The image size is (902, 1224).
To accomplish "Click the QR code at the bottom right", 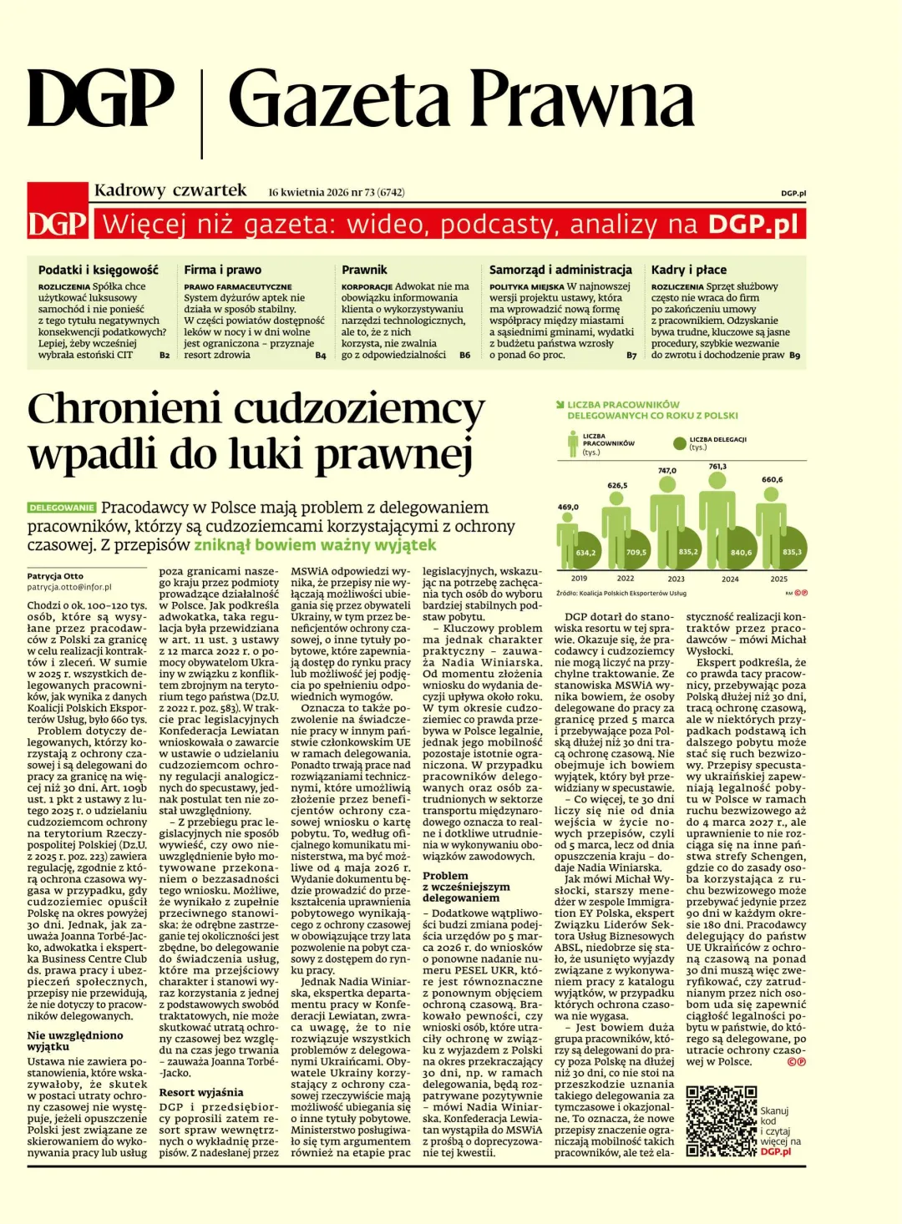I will click(x=721, y=1120).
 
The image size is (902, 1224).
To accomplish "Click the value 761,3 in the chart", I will click(x=717, y=467).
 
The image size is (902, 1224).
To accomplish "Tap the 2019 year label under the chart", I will click(x=579, y=578).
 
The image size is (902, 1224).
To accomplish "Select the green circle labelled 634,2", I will click(x=585, y=553).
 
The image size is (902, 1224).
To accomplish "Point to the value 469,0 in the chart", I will click(x=568, y=507).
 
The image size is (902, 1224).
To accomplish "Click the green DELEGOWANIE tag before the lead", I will click(x=63, y=508).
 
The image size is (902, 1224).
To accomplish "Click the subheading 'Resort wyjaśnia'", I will click(x=201, y=1092).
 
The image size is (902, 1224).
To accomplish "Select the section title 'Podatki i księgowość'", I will click(x=98, y=270).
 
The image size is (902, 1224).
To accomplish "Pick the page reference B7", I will click(x=631, y=355).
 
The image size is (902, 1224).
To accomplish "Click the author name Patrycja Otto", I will click(x=55, y=576).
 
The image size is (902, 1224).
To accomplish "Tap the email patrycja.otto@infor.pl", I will click(x=68, y=587).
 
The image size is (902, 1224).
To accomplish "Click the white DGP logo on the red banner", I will click(x=58, y=224).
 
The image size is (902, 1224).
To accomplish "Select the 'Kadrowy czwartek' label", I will click(x=170, y=190).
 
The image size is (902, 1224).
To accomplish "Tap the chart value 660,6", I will click(x=772, y=480).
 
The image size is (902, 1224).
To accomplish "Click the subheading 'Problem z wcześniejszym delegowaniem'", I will click(x=460, y=887).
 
